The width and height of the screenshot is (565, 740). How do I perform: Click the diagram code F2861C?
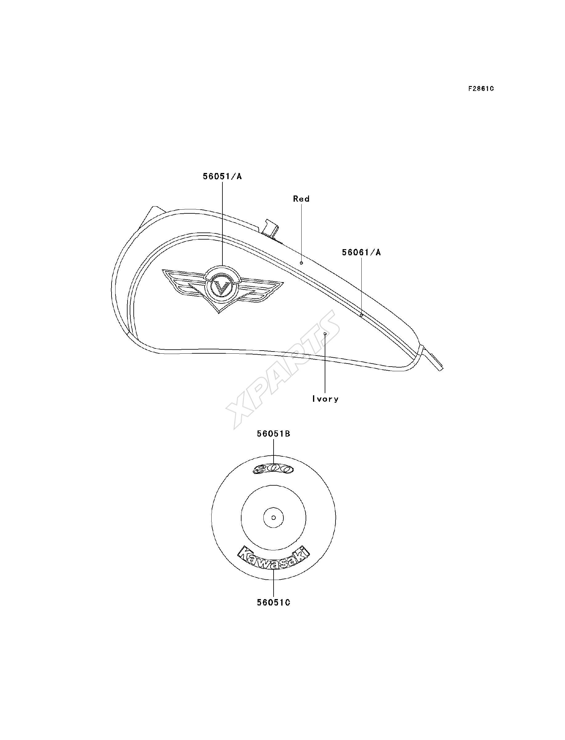coord(481,88)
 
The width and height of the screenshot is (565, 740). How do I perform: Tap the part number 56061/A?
coord(362,253)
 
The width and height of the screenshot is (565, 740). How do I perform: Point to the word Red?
coord(301,199)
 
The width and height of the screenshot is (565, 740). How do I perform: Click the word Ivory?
coord(325,399)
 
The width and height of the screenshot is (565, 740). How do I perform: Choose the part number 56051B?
coord(274,434)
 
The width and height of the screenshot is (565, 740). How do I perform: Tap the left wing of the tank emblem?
coord(183,281)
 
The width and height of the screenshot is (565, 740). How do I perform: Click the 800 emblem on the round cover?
coord(273,470)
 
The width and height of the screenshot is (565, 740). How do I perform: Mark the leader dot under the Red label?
coord(301,262)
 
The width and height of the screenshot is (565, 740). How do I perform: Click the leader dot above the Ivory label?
coord(325,334)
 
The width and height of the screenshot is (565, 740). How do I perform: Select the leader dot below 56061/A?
coord(361,315)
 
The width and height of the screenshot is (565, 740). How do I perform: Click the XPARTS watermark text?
coord(282,370)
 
